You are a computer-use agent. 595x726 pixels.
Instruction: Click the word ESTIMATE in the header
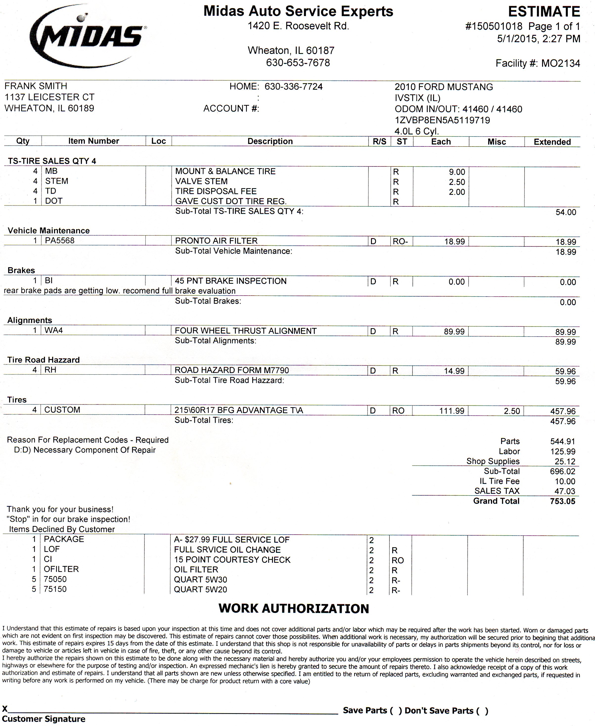click(x=544, y=12)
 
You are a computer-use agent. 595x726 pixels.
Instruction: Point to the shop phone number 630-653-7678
click(x=298, y=63)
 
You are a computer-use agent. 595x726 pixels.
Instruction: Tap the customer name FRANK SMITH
click(x=36, y=86)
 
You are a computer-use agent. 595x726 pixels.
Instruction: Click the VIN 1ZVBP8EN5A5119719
click(x=442, y=120)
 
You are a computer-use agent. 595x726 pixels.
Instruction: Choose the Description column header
click(x=270, y=141)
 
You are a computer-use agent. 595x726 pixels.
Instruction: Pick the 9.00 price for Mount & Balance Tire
click(x=457, y=172)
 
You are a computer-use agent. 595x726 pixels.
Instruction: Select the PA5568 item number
click(x=60, y=241)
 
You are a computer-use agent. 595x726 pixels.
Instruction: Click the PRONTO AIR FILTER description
click(x=216, y=241)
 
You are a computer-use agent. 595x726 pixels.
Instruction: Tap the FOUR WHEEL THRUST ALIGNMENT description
click(x=245, y=331)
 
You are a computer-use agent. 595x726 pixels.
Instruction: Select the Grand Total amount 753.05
click(x=562, y=502)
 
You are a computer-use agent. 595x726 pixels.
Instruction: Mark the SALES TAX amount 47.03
click(x=565, y=491)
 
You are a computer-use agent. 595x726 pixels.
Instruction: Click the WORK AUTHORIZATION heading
click(x=294, y=609)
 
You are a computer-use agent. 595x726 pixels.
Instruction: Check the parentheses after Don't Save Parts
click(x=481, y=711)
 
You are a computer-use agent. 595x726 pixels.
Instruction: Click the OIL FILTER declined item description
click(x=196, y=570)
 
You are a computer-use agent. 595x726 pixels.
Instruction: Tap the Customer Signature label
click(x=44, y=719)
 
